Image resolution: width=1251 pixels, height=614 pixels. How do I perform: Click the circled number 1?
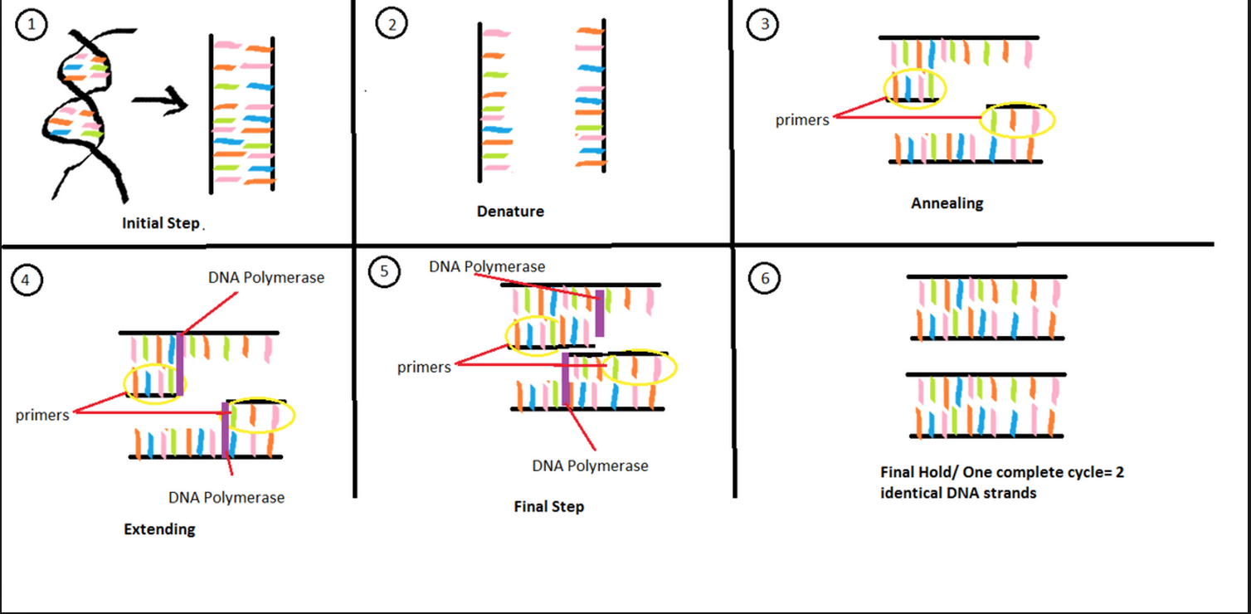[32, 25]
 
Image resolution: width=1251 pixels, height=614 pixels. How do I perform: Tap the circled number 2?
[392, 25]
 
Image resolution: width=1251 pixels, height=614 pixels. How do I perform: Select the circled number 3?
[763, 25]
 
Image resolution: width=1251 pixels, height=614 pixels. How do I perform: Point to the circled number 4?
[26, 280]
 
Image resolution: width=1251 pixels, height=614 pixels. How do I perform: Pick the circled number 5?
[383, 271]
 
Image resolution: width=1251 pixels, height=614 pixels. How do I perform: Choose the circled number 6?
[763, 280]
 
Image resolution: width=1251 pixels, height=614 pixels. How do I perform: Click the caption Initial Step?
[160, 223]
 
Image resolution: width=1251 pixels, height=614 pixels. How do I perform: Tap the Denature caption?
[510, 212]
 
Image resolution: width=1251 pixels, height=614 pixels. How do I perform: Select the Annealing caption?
[947, 203]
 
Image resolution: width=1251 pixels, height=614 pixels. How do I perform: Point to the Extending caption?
[159, 529]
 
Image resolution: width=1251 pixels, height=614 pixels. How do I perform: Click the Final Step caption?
[548, 506]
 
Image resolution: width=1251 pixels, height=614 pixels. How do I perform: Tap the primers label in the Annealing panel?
[802, 120]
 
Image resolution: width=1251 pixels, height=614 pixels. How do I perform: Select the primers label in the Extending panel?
[42, 415]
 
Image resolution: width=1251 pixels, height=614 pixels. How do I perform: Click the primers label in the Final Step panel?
[424, 367]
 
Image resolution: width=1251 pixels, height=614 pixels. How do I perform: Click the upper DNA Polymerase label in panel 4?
[266, 278]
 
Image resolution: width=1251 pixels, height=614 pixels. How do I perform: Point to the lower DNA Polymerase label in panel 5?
[590, 465]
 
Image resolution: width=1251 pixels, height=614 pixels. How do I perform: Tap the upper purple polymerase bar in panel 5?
[600, 313]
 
